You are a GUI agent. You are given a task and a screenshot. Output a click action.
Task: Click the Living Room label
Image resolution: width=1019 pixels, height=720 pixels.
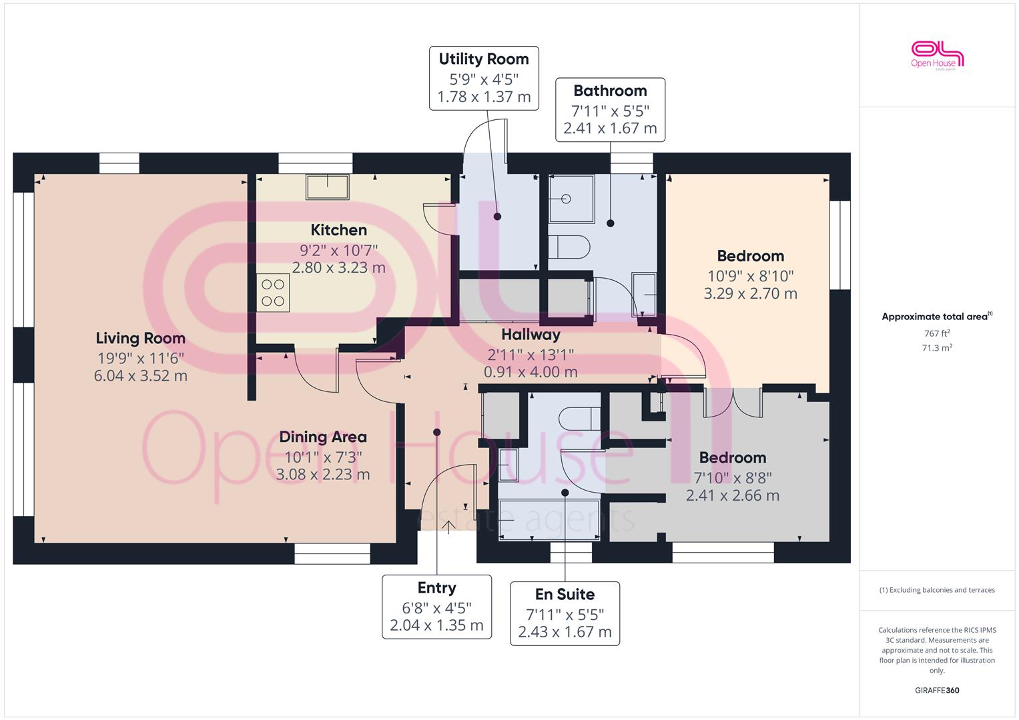click(141, 338)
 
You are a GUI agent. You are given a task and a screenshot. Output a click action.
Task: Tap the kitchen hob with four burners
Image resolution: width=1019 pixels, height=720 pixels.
click(273, 293)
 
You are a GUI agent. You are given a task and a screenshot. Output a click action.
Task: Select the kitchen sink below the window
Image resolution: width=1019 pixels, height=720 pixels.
click(328, 187)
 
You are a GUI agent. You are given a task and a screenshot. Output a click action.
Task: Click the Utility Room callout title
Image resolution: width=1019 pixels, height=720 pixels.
click(484, 59)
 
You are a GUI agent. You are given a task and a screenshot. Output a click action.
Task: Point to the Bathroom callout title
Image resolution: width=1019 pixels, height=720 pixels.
click(610, 91)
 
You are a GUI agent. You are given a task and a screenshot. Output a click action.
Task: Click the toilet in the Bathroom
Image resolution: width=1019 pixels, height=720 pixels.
click(569, 247)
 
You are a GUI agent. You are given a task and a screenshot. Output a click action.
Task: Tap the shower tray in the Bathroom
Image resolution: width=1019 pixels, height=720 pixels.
click(571, 199)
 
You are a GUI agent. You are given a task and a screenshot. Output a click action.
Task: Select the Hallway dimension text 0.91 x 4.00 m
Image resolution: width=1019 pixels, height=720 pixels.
click(531, 372)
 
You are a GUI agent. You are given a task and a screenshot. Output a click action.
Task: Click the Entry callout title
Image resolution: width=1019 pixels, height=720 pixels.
click(436, 588)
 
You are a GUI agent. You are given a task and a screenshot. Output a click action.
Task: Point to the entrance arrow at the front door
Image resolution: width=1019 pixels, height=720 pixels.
click(448, 527)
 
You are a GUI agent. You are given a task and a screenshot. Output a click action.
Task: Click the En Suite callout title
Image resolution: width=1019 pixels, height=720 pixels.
click(565, 595)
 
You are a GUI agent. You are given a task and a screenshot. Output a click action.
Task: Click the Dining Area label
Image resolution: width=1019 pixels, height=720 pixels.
click(323, 437)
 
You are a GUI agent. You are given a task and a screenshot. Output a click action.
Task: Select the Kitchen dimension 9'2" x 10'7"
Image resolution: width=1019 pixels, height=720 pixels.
click(338, 250)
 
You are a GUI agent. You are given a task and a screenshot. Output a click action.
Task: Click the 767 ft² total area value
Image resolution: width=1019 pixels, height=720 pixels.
click(937, 333)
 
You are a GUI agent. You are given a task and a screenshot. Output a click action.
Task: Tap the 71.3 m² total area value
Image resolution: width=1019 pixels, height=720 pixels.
click(937, 348)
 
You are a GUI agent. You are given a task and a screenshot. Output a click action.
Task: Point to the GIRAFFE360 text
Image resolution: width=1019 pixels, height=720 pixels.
click(937, 691)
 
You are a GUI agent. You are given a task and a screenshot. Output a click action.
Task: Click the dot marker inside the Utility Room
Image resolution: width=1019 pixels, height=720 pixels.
click(497, 217)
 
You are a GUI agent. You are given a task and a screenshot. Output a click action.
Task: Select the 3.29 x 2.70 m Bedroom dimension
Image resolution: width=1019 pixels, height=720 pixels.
click(751, 293)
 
